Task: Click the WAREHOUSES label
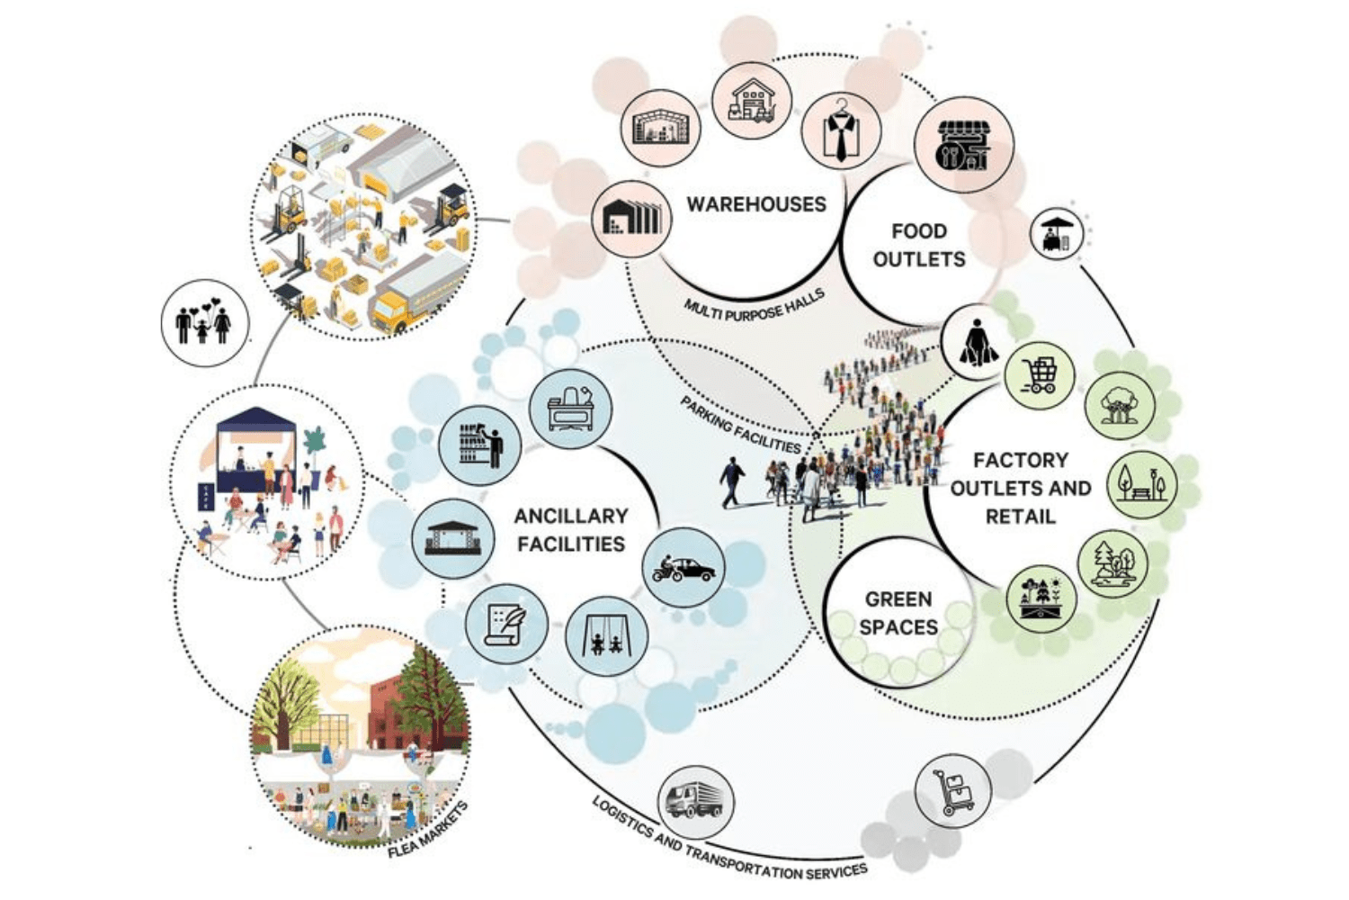756,204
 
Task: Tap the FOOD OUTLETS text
918,245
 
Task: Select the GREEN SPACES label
898,613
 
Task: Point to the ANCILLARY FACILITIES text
570,529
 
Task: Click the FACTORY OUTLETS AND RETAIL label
1020,488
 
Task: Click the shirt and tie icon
841,131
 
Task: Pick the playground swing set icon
606,636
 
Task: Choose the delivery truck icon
695,799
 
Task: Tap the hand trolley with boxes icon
953,791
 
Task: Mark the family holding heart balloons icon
203,322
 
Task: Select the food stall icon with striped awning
963,146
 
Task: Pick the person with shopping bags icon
976,343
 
